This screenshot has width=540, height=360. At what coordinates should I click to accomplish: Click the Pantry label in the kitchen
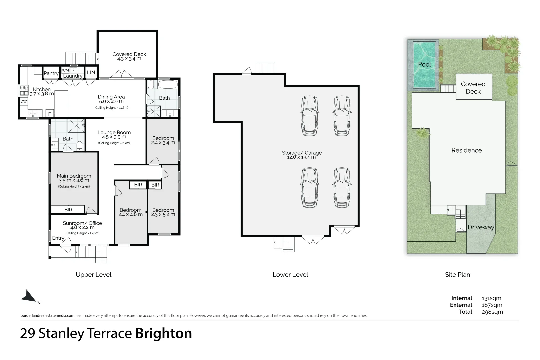tap(51, 73)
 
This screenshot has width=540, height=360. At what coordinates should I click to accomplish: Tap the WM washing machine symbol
tap(65, 70)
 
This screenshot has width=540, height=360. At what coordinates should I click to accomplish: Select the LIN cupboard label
tap(91, 72)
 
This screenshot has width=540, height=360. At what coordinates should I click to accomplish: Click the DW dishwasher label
tap(24, 101)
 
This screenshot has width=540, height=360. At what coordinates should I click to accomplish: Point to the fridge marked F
tap(50, 114)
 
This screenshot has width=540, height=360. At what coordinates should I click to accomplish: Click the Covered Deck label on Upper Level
tap(129, 54)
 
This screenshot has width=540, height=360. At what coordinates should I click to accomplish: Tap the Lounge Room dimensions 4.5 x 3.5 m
tap(114, 137)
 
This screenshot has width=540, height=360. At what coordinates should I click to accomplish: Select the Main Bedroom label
tap(74, 176)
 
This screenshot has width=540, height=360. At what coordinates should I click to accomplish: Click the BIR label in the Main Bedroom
tap(68, 210)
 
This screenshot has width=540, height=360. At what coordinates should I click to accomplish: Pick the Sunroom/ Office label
tap(82, 223)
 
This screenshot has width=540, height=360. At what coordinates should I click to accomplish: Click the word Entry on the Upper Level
tap(58, 238)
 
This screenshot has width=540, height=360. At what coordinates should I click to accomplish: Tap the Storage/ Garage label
tap(302, 153)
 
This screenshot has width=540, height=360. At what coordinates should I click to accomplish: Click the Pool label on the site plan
tap(424, 64)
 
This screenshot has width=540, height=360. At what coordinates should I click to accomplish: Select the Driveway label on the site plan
tap(480, 227)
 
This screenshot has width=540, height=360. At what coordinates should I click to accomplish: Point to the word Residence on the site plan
tap(466, 150)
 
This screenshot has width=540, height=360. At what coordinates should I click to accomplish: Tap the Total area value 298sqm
tap(492, 312)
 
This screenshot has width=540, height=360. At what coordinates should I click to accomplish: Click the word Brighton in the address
tap(163, 334)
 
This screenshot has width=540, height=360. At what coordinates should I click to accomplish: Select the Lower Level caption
tap(290, 275)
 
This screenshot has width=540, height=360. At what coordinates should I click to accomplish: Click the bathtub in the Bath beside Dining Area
tap(168, 84)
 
